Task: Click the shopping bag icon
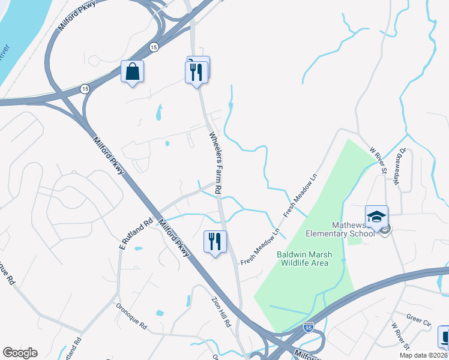132,72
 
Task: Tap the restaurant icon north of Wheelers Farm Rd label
196,73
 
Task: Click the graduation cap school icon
377,217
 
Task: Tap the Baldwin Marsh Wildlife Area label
303,259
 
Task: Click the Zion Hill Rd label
220,313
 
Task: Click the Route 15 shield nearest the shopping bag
85,89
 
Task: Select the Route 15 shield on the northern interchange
154,47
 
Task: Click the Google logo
20,353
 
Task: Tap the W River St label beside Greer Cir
400,336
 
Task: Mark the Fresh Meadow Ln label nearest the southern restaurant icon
261,247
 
